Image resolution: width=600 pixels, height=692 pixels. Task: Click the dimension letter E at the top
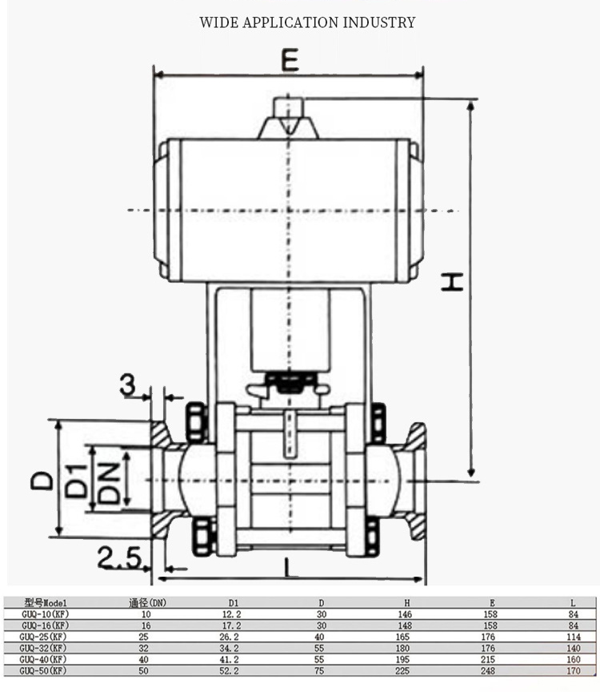point(290,60)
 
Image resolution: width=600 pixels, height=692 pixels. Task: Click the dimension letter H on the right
point(452,282)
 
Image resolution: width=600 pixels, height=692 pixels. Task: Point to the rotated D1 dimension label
point(76,481)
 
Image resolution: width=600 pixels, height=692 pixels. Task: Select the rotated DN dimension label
point(109,483)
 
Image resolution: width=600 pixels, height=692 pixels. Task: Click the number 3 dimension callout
point(127,384)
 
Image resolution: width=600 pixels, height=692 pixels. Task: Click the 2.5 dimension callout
point(119,557)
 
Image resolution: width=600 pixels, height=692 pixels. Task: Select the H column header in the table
point(407,603)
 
